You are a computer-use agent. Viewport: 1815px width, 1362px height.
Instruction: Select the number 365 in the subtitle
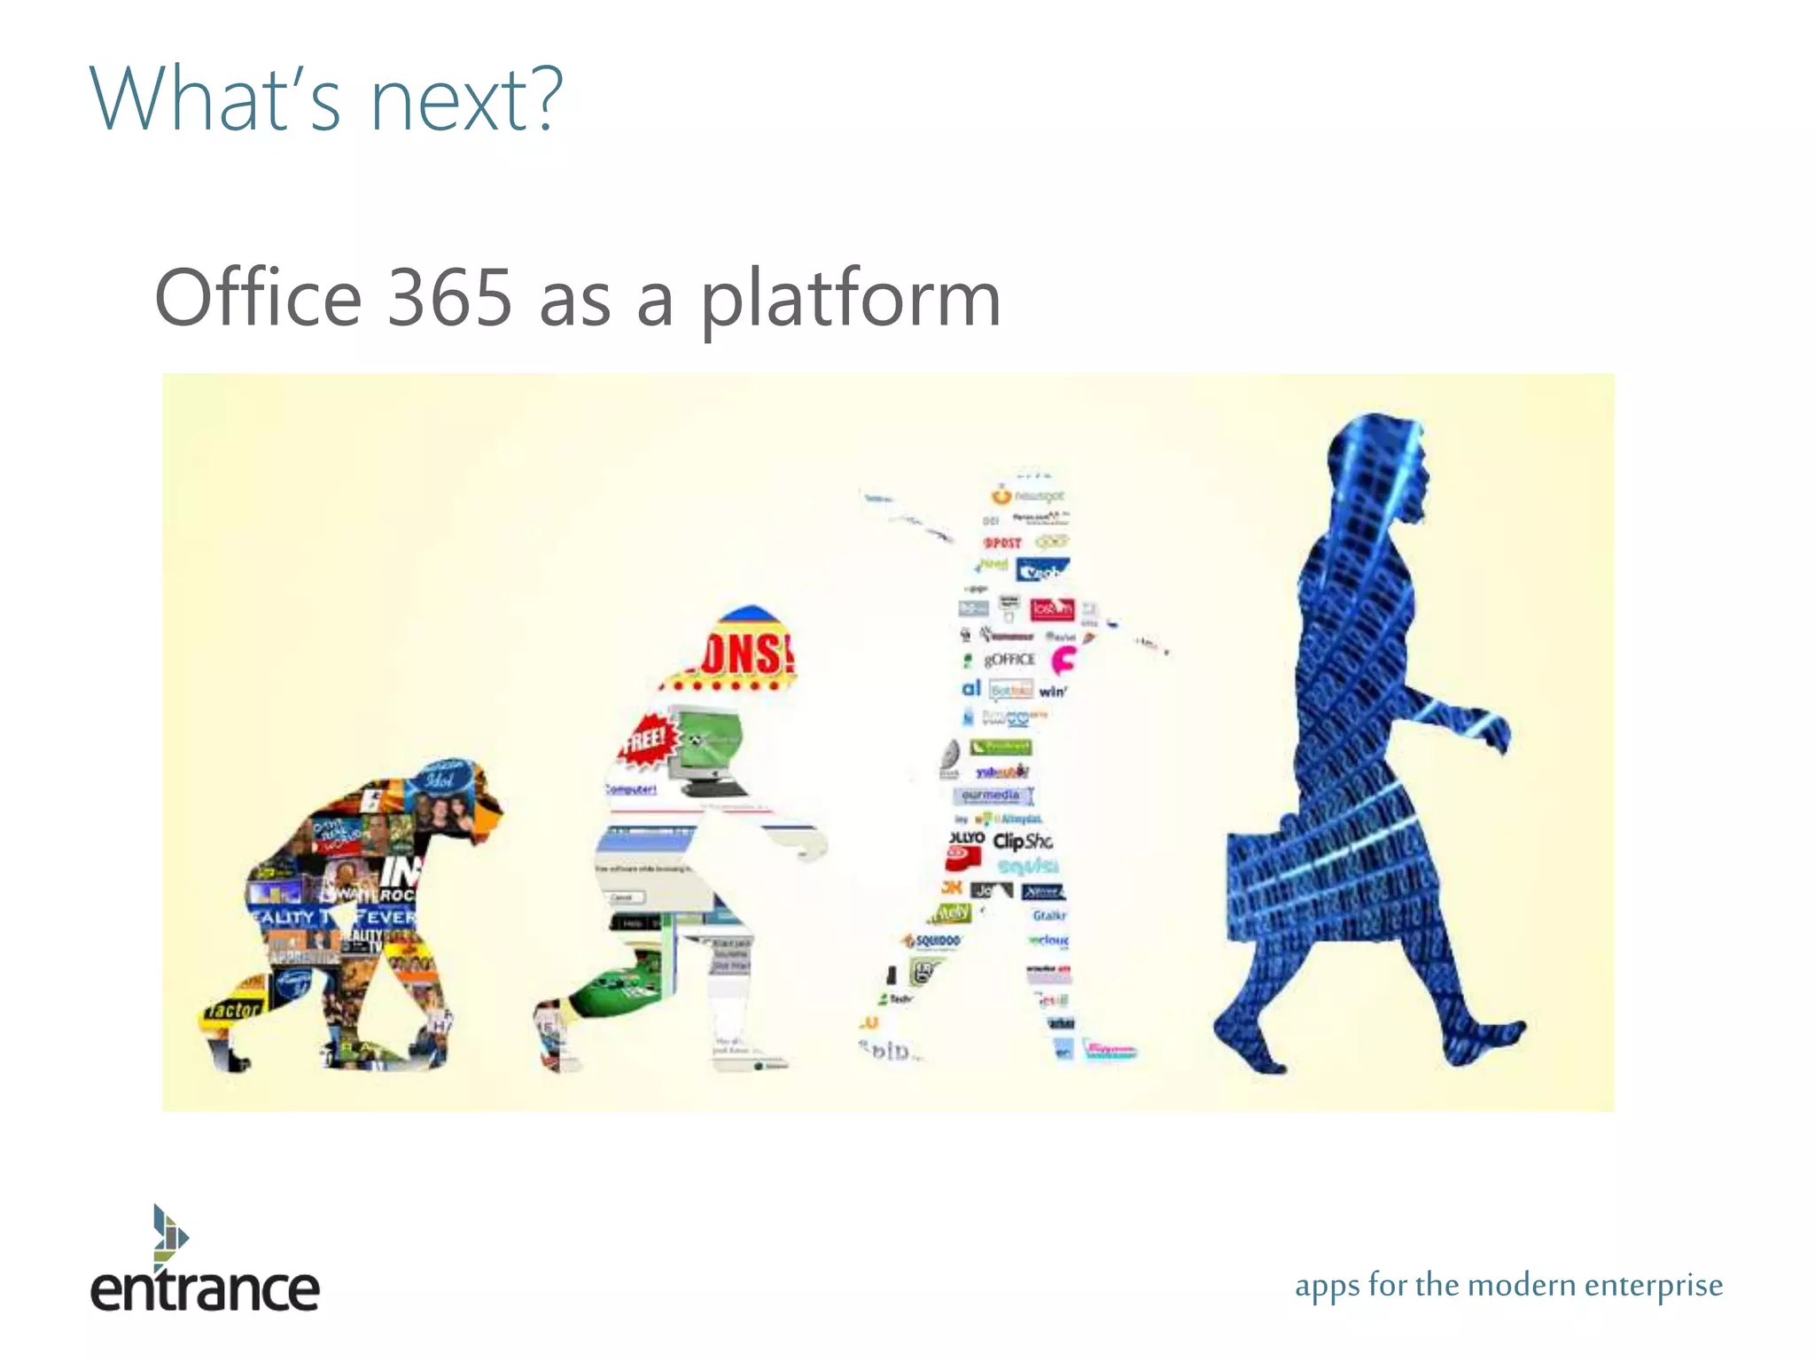[450, 298]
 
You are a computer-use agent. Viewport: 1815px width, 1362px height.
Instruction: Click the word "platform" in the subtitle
[851, 301]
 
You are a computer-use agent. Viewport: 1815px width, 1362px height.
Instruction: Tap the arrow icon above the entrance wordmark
[169, 1233]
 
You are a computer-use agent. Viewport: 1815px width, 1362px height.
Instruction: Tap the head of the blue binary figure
[1378, 470]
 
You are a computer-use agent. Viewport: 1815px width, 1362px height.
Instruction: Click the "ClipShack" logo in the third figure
[1023, 841]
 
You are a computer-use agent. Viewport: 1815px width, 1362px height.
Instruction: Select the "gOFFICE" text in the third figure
[1009, 659]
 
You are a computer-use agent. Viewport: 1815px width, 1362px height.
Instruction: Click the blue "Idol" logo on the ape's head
[440, 778]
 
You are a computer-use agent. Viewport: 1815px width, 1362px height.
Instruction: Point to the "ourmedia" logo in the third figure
[991, 794]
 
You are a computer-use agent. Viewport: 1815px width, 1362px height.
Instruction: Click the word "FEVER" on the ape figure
[386, 916]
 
